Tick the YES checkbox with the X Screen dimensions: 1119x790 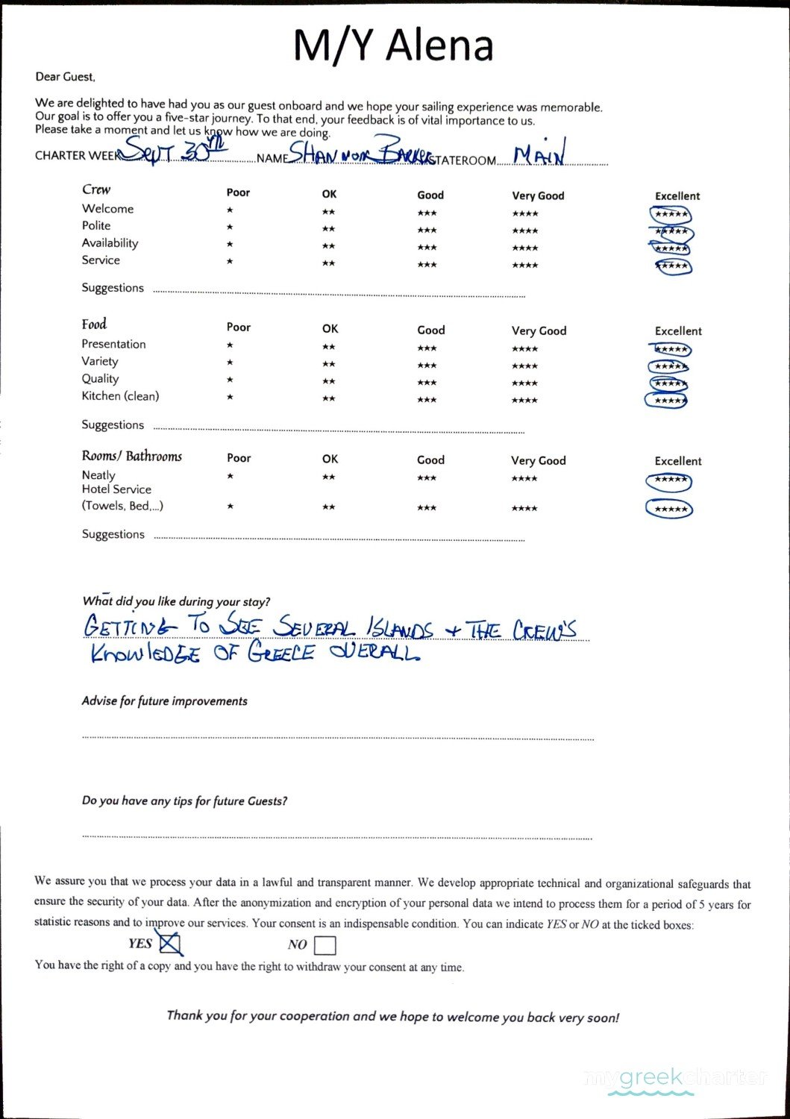tap(171, 944)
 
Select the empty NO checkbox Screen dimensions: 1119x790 tap(325, 946)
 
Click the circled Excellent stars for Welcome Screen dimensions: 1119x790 tap(671, 215)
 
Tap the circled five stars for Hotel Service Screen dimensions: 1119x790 tap(669, 510)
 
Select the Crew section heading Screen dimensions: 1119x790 tap(96, 189)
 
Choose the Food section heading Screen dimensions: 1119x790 tap(94, 324)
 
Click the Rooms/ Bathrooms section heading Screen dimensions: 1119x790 tap(132, 456)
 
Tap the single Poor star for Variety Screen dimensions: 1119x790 tap(230, 363)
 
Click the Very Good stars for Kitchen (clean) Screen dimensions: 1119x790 tap(524, 401)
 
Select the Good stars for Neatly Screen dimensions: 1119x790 tap(427, 478)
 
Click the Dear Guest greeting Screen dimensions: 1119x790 tap(65, 77)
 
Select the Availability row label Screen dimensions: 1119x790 tap(110, 243)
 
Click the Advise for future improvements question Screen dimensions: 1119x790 tap(165, 701)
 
